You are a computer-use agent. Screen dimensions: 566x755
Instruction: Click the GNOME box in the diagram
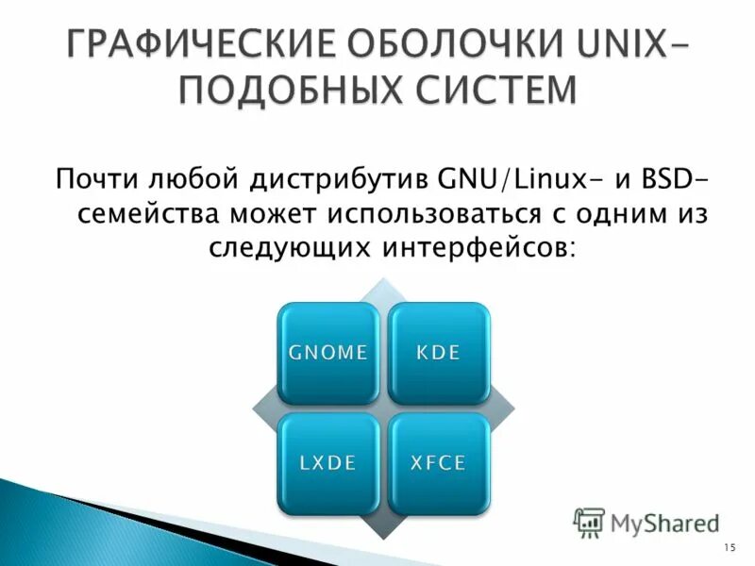(327, 354)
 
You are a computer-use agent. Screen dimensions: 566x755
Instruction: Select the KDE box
(439, 354)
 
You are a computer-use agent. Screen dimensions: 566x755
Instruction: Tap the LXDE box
(327, 462)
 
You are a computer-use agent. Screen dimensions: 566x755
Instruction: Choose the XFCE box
(439, 462)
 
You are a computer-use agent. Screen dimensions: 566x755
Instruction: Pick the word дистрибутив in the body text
(342, 177)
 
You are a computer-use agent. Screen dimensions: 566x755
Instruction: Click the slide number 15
(729, 548)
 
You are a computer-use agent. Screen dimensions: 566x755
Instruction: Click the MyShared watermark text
(664, 522)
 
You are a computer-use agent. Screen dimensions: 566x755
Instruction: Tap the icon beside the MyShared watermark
(589, 522)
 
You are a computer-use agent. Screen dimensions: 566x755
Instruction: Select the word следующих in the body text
(279, 248)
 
